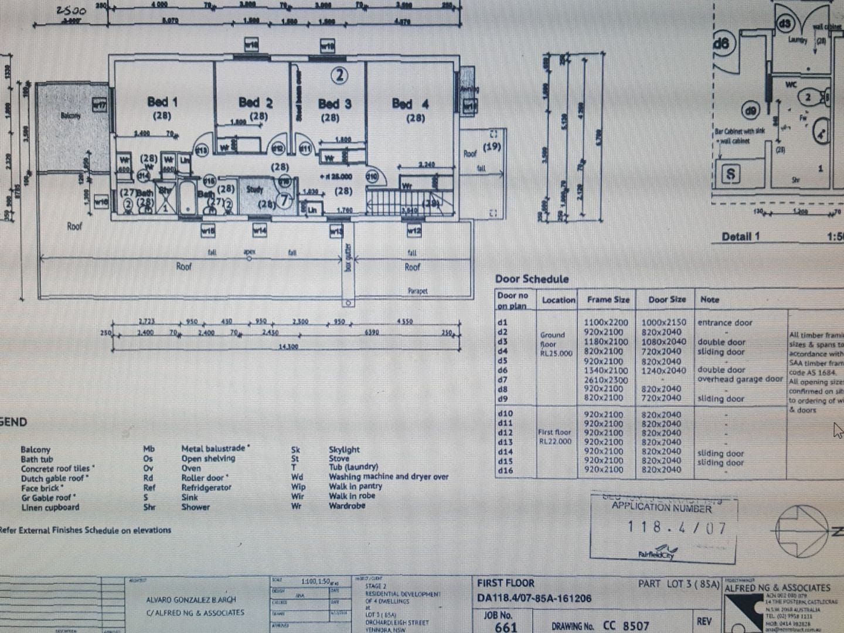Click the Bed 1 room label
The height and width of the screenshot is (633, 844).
click(x=162, y=102)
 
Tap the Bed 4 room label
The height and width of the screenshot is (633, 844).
click(x=410, y=104)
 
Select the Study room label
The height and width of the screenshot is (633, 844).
click(x=255, y=189)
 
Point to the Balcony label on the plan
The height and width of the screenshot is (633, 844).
click(x=70, y=116)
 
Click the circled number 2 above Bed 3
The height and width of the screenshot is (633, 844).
click(x=339, y=75)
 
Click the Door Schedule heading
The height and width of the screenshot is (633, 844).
click(x=532, y=279)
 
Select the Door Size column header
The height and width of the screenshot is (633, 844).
click(x=667, y=299)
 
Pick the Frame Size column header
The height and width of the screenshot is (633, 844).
click(x=608, y=299)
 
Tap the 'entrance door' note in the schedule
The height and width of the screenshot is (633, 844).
click(x=725, y=322)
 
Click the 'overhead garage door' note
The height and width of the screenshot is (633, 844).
click(x=740, y=379)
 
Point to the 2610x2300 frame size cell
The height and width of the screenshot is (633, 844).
click(x=605, y=380)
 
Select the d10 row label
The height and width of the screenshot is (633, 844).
click(x=505, y=414)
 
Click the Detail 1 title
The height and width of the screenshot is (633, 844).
click(x=741, y=236)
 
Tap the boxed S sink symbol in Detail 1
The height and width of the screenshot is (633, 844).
click(x=731, y=174)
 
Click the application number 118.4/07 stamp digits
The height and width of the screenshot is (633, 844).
click(x=676, y=527)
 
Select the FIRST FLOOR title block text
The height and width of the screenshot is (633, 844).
click(x=506, y=583)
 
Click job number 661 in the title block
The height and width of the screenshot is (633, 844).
click(x=505, y=627)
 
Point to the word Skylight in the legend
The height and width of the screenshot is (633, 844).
click(x=344, y=450)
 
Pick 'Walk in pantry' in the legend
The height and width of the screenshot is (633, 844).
click(x=355, y=486)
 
